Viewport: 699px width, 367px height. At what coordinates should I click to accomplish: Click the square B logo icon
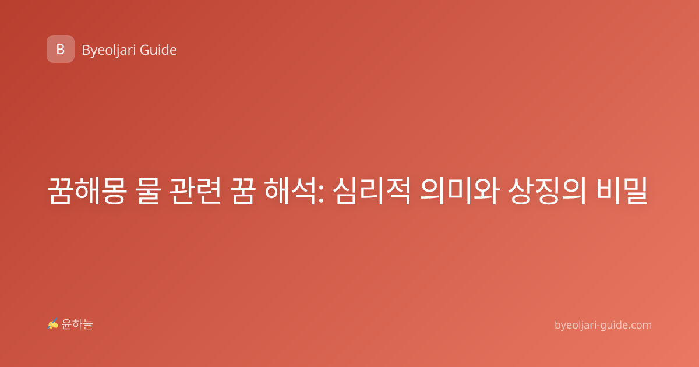pos(61,49)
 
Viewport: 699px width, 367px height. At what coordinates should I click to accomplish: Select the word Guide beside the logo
pos(158,50)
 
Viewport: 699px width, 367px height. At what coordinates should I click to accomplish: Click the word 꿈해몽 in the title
pos(87,190)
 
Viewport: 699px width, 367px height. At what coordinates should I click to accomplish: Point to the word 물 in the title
pos(148,190)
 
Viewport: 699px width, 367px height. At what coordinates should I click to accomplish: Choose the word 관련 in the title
pos(195,190)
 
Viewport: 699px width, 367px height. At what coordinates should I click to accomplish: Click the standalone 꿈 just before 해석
pos(242,190)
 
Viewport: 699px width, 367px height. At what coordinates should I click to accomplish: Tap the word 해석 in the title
pos(290,190)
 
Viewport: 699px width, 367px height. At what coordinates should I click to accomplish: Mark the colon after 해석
pos(321,194)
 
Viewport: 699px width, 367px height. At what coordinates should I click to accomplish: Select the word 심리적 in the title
pos(372,190)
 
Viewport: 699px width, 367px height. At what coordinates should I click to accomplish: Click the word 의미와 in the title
pos(459,190)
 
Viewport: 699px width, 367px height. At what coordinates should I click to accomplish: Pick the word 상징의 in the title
pos(547,190)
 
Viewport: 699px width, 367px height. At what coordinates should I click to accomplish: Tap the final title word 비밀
pos(622,190)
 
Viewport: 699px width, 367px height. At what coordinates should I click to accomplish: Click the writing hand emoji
pos(53,324)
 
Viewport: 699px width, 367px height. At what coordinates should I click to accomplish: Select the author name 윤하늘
pos(77,324)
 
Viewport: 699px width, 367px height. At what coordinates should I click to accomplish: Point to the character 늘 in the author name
pos(88,324)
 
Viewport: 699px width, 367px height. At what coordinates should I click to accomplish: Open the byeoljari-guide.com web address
pos(603,325)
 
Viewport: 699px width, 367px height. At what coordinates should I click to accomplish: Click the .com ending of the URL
pos(640,325)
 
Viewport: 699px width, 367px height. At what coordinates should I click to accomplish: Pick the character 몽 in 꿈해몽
pos(114,190)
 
